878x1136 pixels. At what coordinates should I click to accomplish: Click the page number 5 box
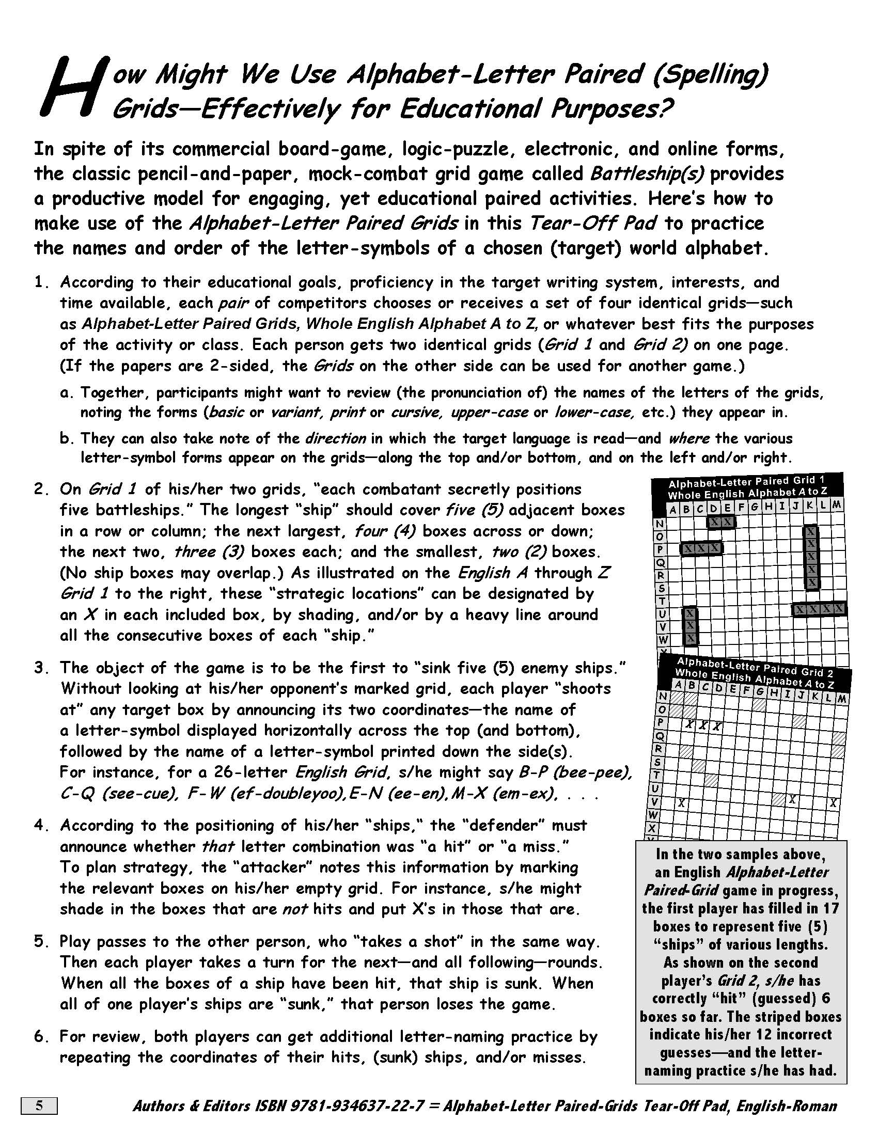[39, 1106]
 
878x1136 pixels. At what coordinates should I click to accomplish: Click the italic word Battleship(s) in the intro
[647, 173]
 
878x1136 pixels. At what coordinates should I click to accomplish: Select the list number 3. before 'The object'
[42, 667]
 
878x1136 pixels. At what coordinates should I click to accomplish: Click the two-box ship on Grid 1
[721, 521]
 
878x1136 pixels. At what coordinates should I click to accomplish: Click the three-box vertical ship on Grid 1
[690, 626]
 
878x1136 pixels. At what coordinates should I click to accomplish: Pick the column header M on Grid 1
[836, 504]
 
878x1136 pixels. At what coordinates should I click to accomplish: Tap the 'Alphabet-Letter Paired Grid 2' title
[755, 667]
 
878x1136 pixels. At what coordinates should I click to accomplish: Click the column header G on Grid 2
[759, 691]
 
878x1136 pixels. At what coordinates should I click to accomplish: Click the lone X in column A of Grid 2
[681, 803]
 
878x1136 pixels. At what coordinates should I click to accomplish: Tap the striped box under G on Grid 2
[759, 704]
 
